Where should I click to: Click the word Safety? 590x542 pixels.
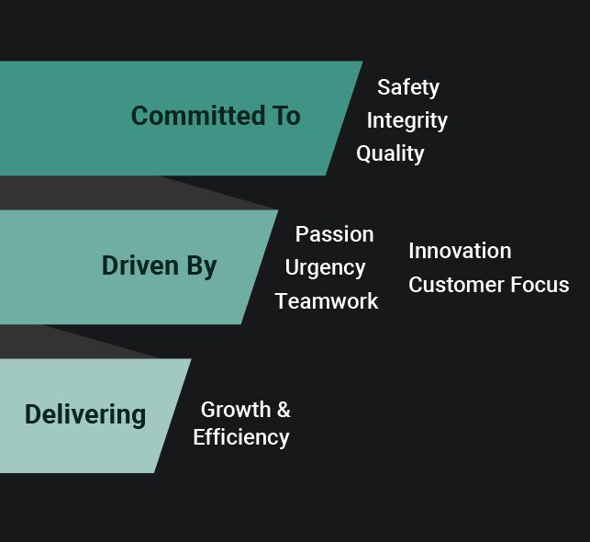(408, 88)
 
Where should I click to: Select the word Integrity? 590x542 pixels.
(407, 121)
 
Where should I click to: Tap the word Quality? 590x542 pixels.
(390, 153)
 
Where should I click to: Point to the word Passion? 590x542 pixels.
(335, 234)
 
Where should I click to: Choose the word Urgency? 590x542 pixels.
(325, 268)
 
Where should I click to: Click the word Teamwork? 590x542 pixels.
(327, 301)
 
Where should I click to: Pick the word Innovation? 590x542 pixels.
(460, 251)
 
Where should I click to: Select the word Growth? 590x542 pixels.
(236, 410)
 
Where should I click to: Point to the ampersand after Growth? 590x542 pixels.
(284, 410)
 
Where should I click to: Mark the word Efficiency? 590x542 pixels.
(241, 437)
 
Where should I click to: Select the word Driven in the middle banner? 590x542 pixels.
(140, 265)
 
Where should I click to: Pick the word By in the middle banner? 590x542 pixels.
(202, 266)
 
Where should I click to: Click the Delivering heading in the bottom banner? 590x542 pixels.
(85, 415)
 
